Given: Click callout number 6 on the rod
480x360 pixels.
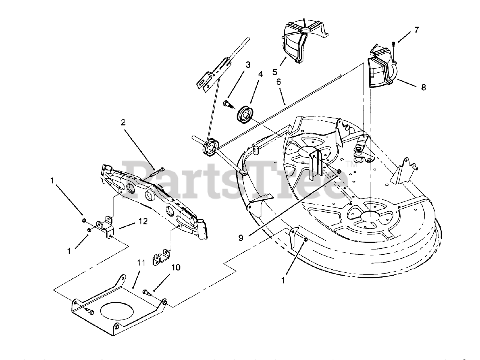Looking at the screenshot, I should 278,81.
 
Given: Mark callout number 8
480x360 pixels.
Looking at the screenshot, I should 423,87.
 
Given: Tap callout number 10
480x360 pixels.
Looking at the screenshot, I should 176,267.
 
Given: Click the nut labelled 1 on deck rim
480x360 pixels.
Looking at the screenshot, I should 306,240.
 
